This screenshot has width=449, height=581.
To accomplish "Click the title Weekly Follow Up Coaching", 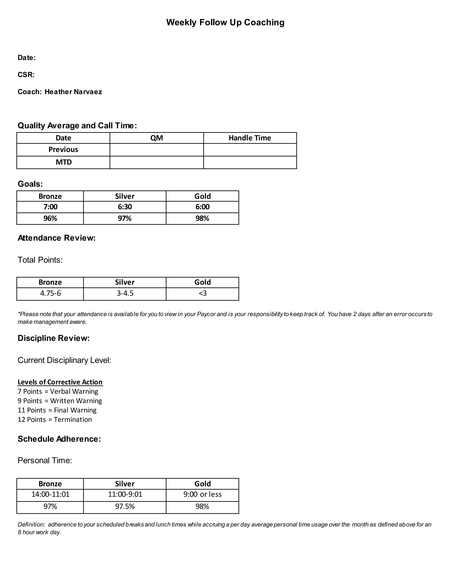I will [x=225, y=22].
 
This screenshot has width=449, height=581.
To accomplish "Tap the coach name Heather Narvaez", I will [x=73, y=92].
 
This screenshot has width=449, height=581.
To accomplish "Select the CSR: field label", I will [x=26, y=75].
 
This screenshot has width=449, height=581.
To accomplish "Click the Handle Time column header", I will [x=249, y=138].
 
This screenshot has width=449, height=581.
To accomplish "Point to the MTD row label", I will [x=64, y=162].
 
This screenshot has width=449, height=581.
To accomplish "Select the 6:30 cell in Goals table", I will [x=125, y=207].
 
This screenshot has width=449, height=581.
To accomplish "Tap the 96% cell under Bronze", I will [x=50, y=218].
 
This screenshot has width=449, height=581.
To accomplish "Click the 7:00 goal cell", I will [x=50, y=207].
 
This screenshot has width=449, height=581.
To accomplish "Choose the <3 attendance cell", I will [x=202, y=293].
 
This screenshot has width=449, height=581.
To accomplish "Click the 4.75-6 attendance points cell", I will [x=50, y=293].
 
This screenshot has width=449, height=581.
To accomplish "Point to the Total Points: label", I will [x=40, y=260].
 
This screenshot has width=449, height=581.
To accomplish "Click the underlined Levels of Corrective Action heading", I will [x=60, y=382].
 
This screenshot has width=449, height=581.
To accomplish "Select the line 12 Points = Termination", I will [x=55, y=419].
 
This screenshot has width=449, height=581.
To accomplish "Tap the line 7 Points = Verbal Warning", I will [x=58, y=391].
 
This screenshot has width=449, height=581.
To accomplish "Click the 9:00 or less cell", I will [x=202, y=494].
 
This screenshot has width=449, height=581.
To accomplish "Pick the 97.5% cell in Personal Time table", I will [x=125, y=506].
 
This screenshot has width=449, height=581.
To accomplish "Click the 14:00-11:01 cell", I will [x=50, y=494].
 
